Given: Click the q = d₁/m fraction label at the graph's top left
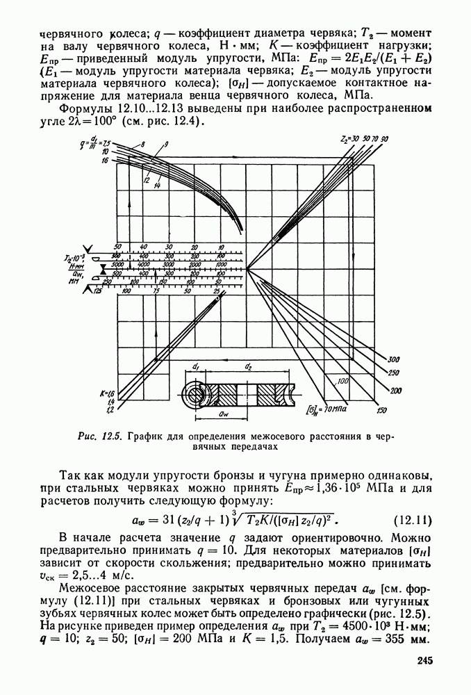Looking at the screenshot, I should tap(90, 143).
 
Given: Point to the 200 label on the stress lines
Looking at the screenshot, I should tap(397, 391).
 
